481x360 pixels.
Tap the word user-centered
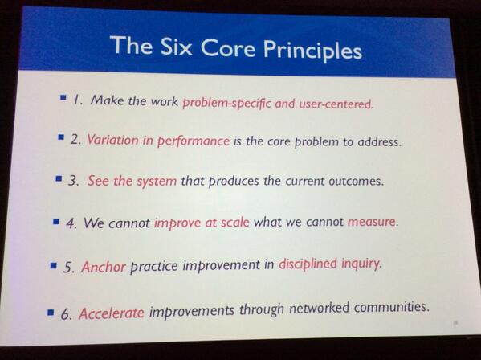click(330, 103)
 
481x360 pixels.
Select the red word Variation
click(115, 140)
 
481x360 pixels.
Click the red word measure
click(371, 221)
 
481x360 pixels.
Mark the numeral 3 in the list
click(73, 180)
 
